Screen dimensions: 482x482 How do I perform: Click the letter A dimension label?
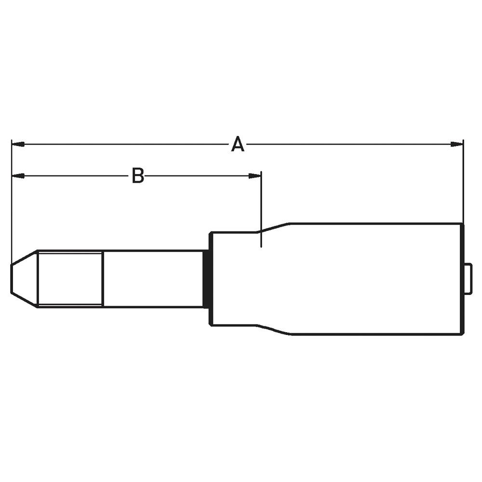tap(237, 144)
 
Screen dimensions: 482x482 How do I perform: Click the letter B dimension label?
tap(138, 176)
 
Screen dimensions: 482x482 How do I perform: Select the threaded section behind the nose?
tap(70, 278)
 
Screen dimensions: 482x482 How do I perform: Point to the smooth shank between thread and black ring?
tap(153, 278)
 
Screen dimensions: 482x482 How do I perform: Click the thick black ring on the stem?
tap(206, 279)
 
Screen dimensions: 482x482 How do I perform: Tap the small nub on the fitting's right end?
tap(468, 279)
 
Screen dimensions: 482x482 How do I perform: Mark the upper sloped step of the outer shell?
tap(275, 227)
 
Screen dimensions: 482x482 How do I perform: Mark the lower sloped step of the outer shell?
tap(275, 330)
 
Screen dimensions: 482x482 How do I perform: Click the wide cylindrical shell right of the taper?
tap(376, 279)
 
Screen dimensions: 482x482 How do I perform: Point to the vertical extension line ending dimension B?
tap(261, 207)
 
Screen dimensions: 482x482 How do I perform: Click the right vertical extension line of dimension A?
tap(463, 183)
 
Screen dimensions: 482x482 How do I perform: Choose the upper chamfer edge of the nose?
tap(24, 257)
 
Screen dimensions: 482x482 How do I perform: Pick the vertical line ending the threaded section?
tap(102, 278)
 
